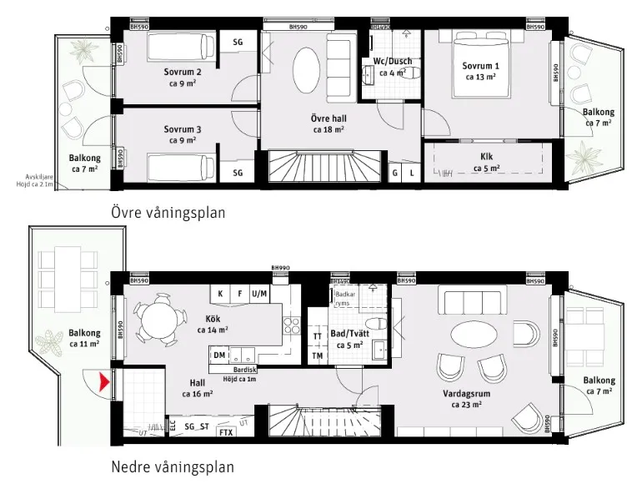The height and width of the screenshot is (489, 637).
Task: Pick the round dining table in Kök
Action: click(x=158, y=320)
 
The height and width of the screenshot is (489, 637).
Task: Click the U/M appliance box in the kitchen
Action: click(x=259, y=295)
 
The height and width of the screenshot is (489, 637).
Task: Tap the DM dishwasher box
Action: click(x=218, y=355)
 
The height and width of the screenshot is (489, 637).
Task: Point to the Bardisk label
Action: click(x=246, y=370)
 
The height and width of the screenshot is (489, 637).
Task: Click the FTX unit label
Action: click(x=225, y=432)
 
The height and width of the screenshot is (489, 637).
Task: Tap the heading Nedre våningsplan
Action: click(x=173, y=467)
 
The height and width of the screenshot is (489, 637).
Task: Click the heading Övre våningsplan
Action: click(x=168, y=213)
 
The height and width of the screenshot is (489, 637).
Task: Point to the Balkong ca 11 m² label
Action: click(x=84, y=337)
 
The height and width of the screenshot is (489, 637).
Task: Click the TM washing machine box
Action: click(x=317, y=356)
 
